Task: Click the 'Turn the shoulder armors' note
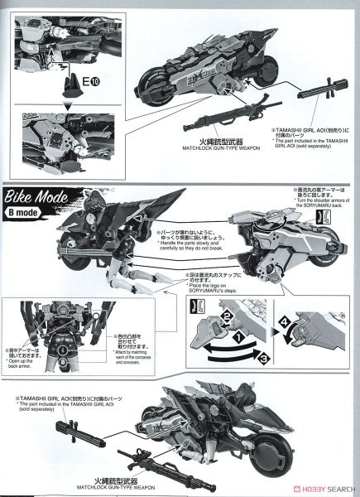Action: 319,203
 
